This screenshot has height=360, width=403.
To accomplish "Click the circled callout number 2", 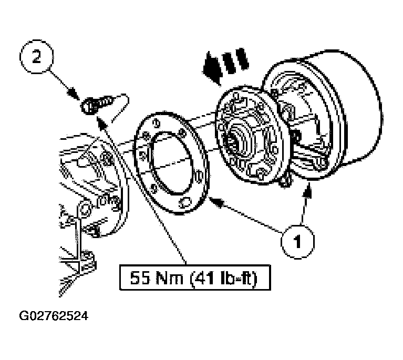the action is point(36,57).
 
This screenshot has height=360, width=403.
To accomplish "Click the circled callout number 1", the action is point(297,241).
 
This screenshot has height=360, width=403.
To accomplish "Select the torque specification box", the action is point(195,277).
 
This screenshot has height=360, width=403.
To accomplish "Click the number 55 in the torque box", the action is point(140,277).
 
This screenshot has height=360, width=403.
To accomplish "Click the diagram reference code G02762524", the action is point(54,316).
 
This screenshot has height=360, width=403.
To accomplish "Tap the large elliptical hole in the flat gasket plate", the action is point(172,162).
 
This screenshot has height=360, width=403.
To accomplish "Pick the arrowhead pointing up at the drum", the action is point(307,190).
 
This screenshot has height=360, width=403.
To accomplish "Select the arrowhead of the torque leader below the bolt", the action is point(101,122).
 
